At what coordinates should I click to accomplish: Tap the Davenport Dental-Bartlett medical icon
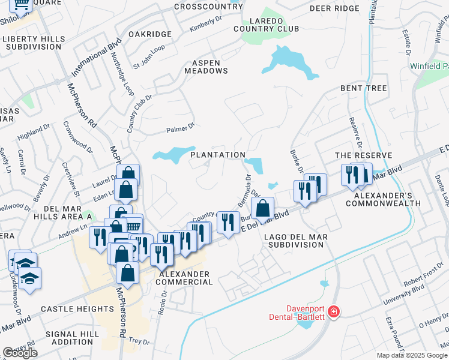(334, 312)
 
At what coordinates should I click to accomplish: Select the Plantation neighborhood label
(218, 155)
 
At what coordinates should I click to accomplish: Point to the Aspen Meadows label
(210, 67)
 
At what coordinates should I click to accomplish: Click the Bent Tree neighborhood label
(363, 88)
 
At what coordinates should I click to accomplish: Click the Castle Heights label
(77, 309)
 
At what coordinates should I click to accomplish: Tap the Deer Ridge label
(334, 8)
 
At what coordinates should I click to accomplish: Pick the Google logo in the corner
(20, 353)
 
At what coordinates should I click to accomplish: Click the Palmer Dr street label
(181, 128)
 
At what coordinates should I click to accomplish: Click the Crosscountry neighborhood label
(206, 7)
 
